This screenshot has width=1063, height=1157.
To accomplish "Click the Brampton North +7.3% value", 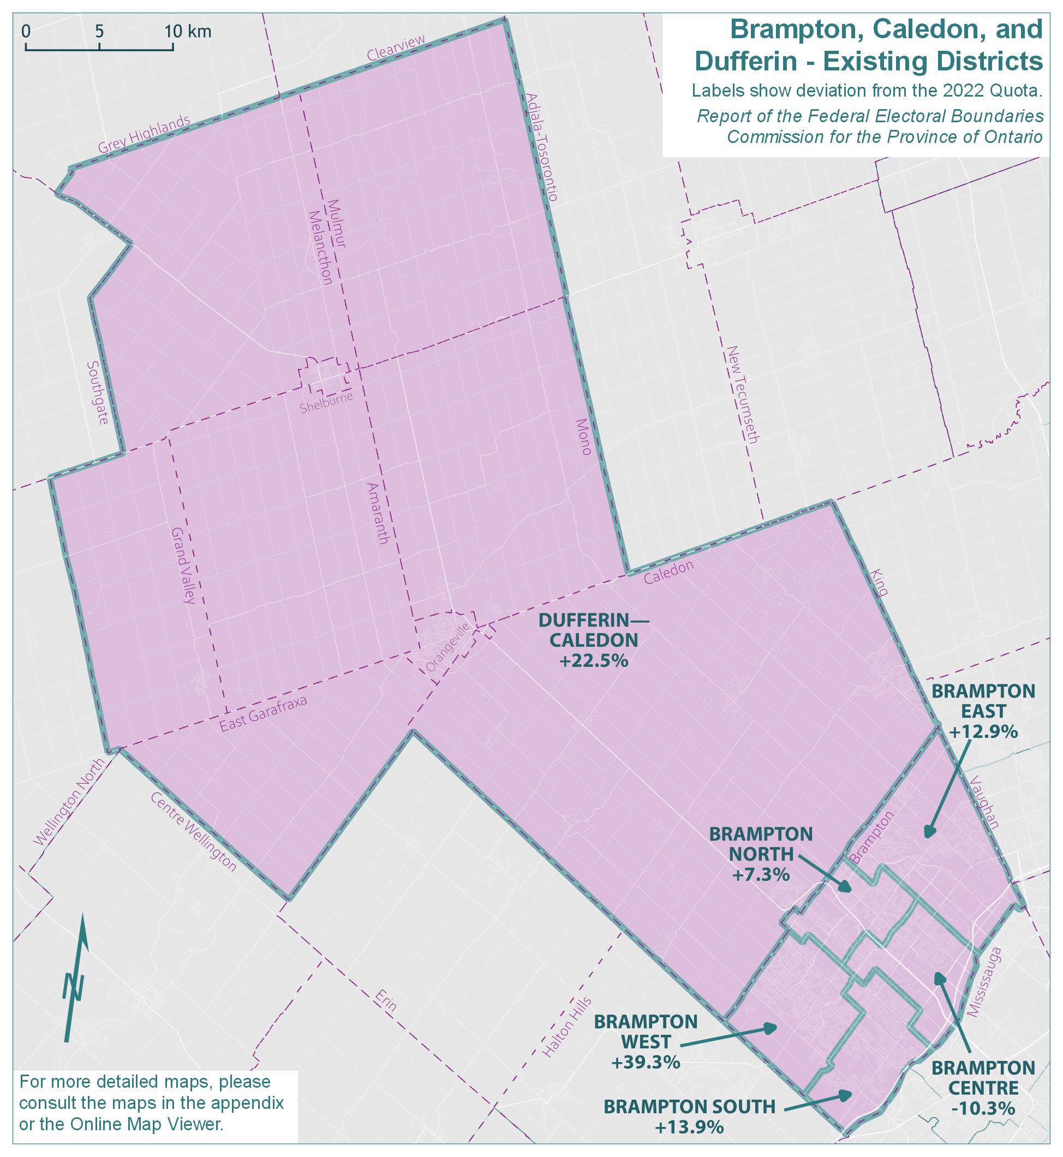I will point(761,875).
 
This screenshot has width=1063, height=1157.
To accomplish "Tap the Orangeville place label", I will point(448,647).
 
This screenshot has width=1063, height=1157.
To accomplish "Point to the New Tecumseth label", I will point(743,393).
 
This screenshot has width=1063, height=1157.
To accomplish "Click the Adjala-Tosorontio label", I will point(541,146).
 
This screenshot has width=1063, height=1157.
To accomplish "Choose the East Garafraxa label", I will point(265,714).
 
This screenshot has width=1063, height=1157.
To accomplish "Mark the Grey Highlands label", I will point(144,135).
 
